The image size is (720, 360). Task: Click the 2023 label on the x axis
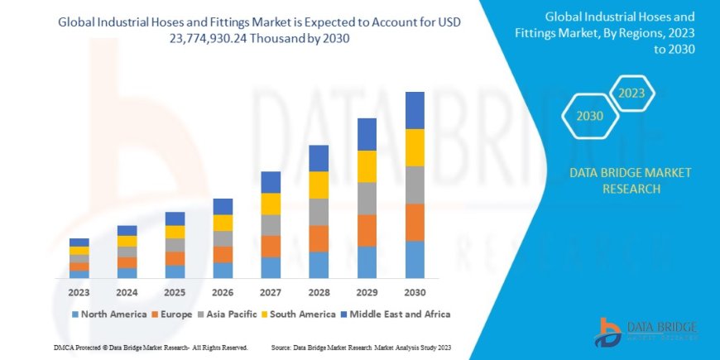(79, 292)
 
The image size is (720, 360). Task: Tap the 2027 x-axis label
(271, 292)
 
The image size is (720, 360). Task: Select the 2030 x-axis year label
(415, 292)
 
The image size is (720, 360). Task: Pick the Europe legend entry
(172, 314)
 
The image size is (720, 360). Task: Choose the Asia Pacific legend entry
(223, 314)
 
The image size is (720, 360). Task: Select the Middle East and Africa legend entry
(394, 314)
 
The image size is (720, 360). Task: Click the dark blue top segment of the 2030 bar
(415, 110)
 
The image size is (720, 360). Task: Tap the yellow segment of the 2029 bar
(367, 166)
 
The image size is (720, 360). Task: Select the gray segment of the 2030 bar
(415, 185)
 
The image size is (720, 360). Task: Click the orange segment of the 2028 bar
(319, 238)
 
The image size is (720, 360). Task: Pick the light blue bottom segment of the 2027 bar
(271, 267)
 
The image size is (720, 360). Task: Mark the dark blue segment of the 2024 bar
(127, 230)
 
